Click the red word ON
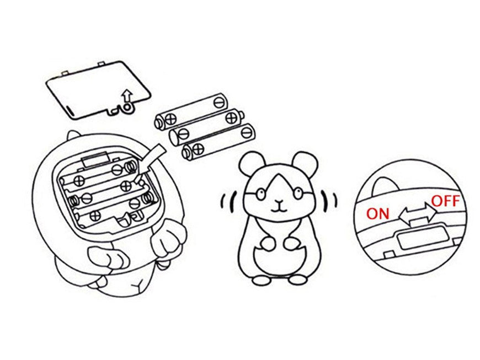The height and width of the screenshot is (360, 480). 377,213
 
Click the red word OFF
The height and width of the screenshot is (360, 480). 445,201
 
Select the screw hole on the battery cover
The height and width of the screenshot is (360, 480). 127,108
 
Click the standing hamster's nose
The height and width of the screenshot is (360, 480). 279,202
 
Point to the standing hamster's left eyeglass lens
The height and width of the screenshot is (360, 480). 261,194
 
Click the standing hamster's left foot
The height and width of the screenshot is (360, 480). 262,280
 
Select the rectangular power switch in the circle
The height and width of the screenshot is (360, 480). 422,239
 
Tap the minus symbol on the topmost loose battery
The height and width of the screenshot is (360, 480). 219,102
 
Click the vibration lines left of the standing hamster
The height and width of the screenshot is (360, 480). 228,202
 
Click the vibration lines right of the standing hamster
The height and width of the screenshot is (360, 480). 329,200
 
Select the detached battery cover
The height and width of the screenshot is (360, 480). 99,90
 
